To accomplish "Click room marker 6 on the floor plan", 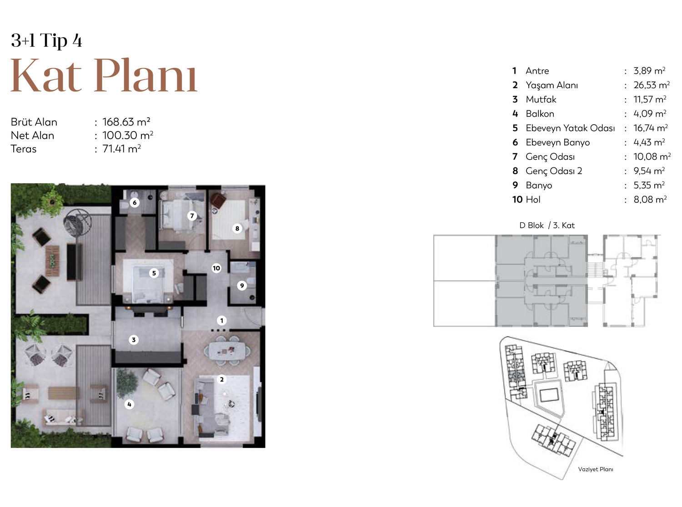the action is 135,202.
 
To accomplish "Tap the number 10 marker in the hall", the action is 216,268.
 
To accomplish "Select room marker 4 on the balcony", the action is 129,404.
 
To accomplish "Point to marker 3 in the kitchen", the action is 134,340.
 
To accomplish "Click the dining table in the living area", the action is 227,351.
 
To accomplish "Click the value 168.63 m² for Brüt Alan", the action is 126,122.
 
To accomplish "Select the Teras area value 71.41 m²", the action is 121,149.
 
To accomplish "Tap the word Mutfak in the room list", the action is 541,100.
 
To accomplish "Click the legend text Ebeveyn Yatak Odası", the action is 570,128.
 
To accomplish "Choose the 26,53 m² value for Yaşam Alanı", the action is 652,85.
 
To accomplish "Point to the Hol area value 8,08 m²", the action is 650,199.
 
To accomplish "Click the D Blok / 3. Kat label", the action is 547,226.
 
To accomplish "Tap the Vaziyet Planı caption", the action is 596,469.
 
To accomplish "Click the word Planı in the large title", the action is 145,75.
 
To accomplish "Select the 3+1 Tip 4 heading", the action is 46,40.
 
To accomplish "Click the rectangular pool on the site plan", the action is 549,395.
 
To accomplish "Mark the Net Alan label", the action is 32,136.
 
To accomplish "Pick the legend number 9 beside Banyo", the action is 515,185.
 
